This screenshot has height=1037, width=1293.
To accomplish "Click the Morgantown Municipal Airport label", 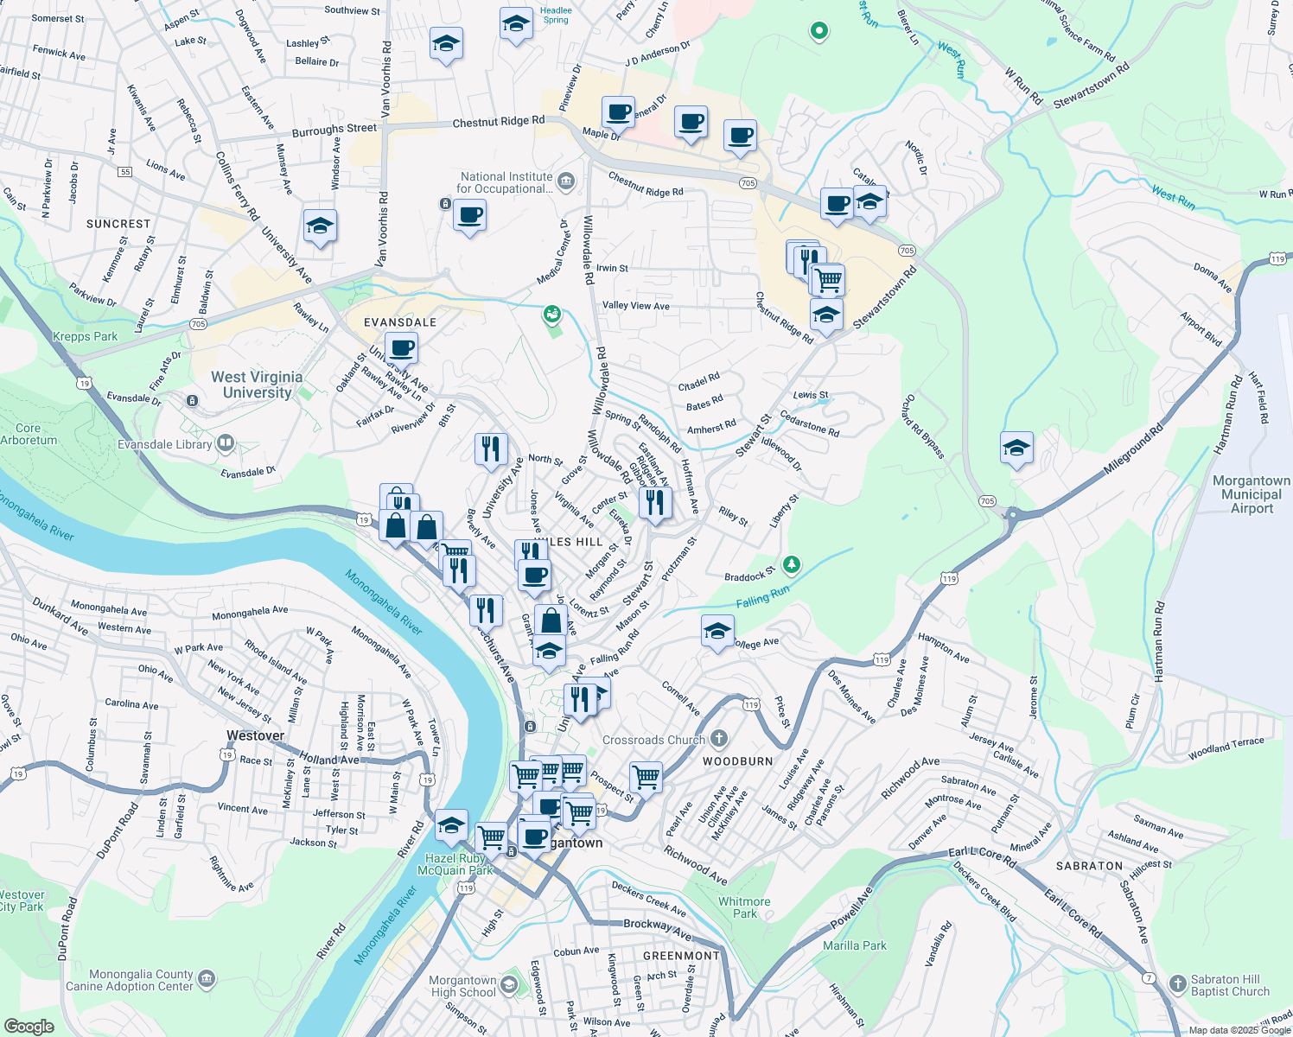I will click(x=1251, y=494).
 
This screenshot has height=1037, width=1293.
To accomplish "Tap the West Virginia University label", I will click(x=257, y=385).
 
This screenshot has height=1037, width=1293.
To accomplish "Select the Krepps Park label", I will click(x=85, y=336).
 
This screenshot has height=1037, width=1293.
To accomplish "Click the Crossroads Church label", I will click(x=654, y=740).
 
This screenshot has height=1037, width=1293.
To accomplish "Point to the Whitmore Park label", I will click(x=744, y=907).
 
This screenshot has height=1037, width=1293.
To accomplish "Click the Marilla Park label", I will click(x=854, y=945).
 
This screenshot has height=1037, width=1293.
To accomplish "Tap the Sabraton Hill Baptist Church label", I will click(x=1230, y=985).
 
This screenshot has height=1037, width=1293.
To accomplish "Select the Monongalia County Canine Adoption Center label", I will click(x=130, y=980).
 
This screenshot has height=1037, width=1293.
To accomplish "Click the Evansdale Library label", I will click(x=165, y=444).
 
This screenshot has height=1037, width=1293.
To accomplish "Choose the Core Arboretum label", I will click(x=29, y=434).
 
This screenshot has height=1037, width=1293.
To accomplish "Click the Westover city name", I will click(x=255, y=735).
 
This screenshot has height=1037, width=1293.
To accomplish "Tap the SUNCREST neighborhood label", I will click(x=118, y=224).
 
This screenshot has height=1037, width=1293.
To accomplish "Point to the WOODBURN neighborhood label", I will click(x=737, y=761).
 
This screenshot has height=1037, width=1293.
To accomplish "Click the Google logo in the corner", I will click(x=29, y=1027).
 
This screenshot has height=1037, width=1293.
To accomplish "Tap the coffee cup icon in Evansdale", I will click(x=401, y=348).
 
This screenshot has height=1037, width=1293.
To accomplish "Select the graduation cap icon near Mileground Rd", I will click(x=1016, y=448).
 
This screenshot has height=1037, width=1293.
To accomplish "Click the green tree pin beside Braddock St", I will click(x=791, y=564).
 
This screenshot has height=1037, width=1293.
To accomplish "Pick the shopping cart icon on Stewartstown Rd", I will click(x=828, y=279).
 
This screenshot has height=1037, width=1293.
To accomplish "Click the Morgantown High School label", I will click(x=463, y=986).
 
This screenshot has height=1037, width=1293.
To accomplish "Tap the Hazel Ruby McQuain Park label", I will click(x=455, y=864).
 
